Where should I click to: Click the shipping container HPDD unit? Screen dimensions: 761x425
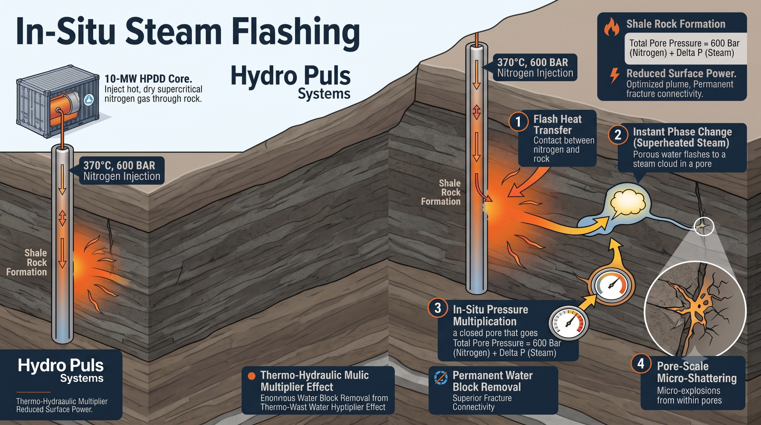click(58, 102)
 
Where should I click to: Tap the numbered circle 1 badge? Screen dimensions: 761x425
click(518, 122)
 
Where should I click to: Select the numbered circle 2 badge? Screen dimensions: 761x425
click(618, 135)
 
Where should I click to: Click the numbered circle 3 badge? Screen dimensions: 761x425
click(438, 308)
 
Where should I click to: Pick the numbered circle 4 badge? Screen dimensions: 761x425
click(641, 363)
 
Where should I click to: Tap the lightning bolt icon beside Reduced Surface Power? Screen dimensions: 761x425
click(614, 75)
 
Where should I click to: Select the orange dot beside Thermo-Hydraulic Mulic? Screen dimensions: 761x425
click(251, 376)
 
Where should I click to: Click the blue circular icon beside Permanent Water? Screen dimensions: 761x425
click(441, 377)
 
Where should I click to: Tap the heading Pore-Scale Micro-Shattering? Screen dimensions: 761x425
click(697, 372)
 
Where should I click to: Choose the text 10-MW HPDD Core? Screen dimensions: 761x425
click(148, 79)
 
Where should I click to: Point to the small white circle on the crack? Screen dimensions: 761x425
click(704, 227)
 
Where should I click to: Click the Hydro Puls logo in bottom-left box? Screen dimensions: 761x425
click(61, 370)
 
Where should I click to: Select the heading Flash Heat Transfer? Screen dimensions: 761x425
click(558, 125)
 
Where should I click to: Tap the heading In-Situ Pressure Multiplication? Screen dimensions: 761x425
click(491, 315)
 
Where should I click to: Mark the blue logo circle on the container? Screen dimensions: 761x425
click(89, 100)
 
